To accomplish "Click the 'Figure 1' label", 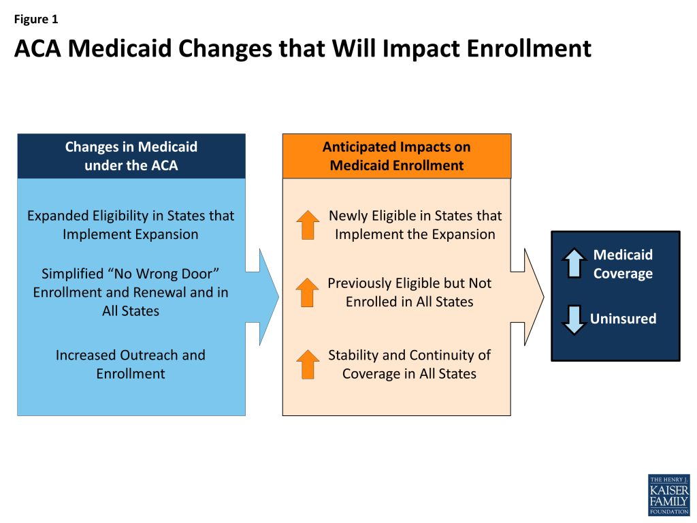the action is pos(36,19).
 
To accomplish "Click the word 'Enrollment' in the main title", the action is pos(529,48).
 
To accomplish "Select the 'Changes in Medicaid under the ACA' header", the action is pos(131,156).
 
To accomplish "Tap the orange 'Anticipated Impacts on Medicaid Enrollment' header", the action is pos(397,156).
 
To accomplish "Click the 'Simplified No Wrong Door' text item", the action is pos(131,292).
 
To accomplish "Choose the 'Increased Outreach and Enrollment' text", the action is pos(131,364).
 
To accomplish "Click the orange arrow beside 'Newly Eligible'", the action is pos(308,225).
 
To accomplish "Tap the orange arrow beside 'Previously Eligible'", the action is pos(308,293).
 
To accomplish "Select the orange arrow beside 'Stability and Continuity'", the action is pos(308,364).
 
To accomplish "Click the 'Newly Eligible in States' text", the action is pos(415,225).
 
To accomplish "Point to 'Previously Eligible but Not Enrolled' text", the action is pos(409,292).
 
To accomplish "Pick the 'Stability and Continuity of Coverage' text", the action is pos(409,364).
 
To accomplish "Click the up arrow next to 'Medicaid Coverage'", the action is pos(574,264).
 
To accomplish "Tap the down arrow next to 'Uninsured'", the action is pos(574,320).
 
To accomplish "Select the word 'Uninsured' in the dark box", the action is pos(623,319).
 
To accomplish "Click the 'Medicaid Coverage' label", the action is pos(623,264).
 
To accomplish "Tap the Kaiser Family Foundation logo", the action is pos(669,495).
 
